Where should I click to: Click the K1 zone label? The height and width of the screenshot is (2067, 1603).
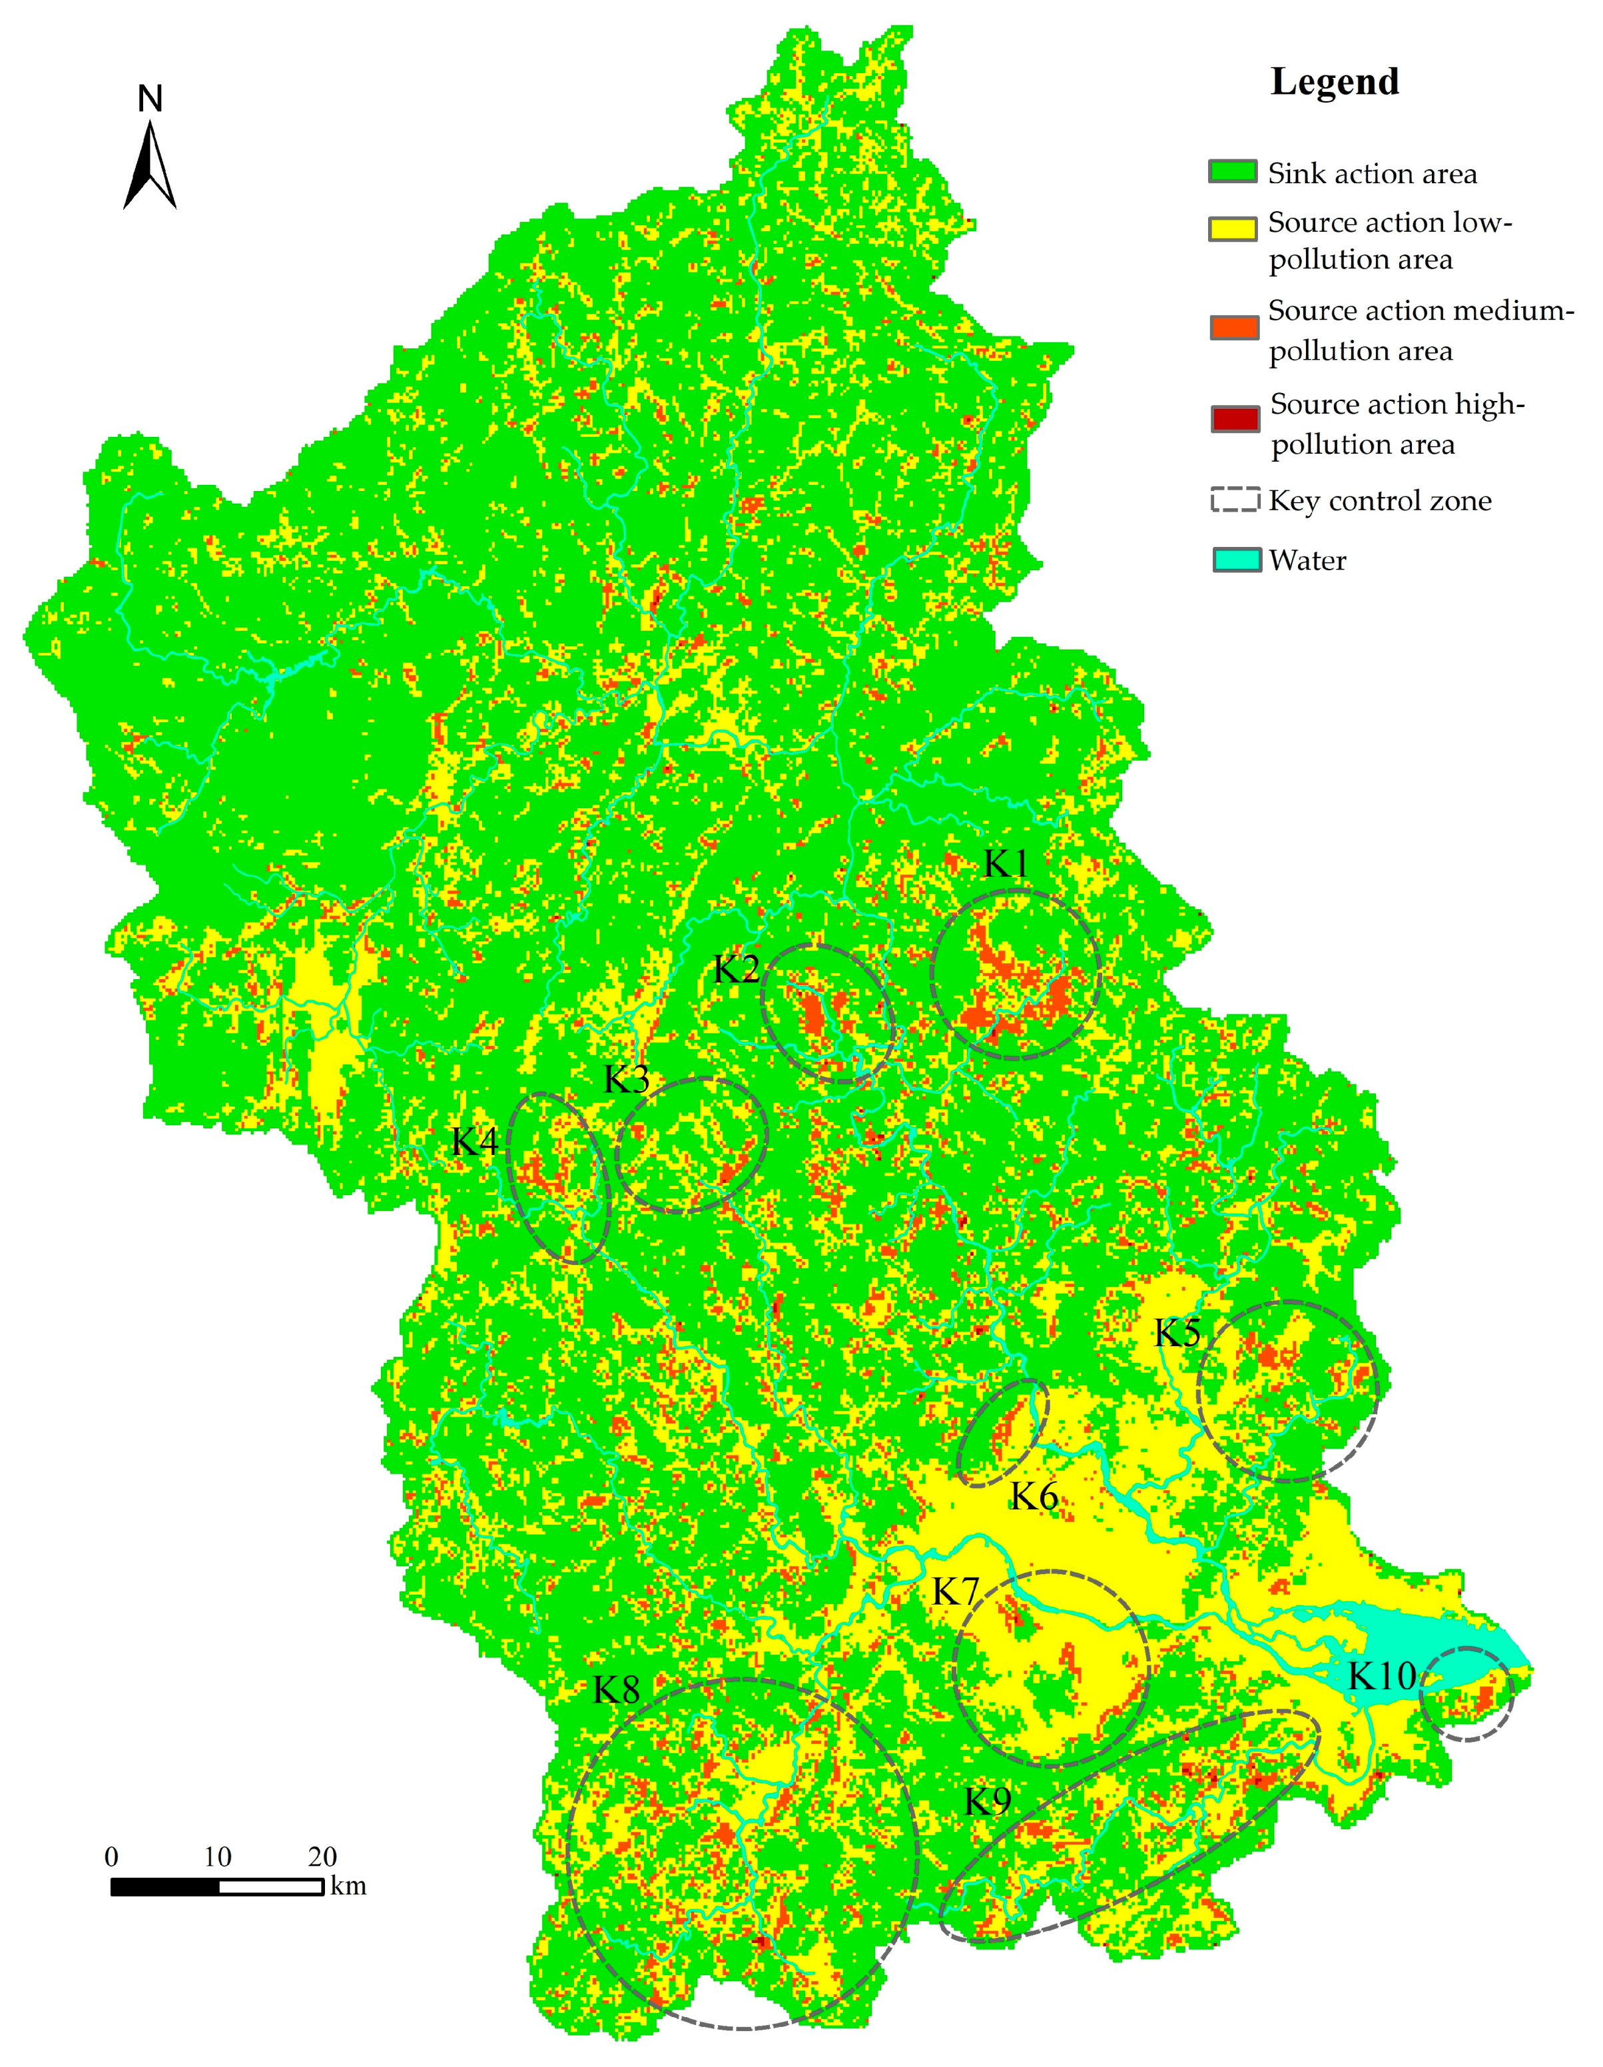(1005, 863)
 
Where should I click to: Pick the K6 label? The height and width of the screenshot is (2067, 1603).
(1034, 1496)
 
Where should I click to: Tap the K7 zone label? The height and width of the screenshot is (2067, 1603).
(955, 1592)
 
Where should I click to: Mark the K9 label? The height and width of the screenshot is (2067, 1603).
(987, 1801)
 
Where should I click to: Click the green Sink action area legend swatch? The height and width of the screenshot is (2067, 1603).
(1233, 173)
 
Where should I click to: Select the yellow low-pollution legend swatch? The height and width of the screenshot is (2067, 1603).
(1233, 229)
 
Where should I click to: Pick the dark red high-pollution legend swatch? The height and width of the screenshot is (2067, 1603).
(1235, 419)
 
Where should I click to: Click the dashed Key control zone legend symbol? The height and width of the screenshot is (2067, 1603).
(1235, 500)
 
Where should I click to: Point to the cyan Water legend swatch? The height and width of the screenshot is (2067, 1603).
(1237, 560)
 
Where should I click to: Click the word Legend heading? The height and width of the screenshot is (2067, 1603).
(1333, 83)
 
